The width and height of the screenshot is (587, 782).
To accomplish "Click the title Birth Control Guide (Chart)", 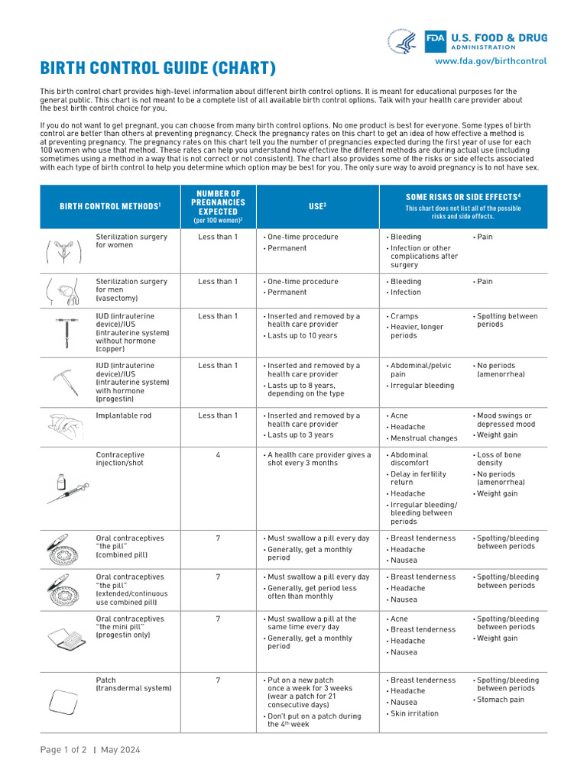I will pos(157,68).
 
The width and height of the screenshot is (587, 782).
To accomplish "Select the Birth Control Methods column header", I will pos(110,207).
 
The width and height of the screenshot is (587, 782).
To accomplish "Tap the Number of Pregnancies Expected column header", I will pos(218,207).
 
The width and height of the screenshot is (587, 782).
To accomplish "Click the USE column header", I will pos(317,206).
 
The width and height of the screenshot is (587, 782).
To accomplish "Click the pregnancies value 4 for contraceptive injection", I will pos(218,455).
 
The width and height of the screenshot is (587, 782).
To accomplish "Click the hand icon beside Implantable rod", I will pos(66,423).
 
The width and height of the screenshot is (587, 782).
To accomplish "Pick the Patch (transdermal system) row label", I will pos(133,683).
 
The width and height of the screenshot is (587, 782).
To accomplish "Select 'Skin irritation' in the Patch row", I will pos(414,713).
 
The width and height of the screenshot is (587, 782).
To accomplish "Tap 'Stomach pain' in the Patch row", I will pos(501,699).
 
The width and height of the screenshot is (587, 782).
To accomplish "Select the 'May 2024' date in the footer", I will pos(120,750).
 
